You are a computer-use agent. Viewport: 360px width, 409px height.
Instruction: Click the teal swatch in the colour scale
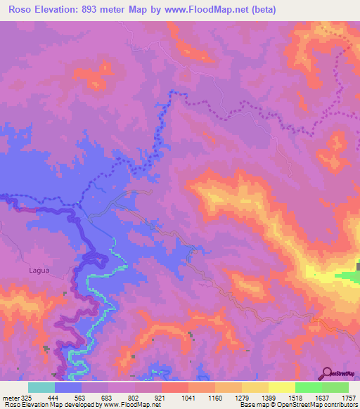click(41, 387)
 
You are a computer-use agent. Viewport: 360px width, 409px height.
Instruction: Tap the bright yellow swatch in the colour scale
click(281, 387)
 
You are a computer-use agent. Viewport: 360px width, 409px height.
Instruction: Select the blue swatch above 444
click(68, 387)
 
